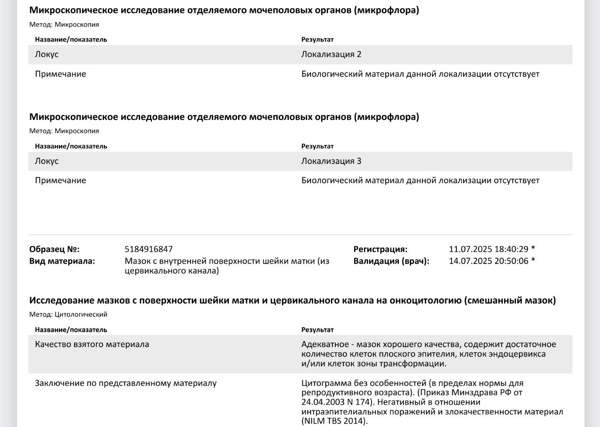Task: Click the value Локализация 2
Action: click(x=331, y=55)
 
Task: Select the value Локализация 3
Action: click(x=331, y=162)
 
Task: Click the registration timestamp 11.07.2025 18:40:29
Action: click(x=489, y=250)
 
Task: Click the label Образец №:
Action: click(x=54, y=250)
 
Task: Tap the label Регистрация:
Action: click(x=380, y=250)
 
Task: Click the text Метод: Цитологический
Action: click(x=68, y=315)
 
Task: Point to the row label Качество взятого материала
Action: click(x=92, y=344)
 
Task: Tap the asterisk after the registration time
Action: click(x=533, y=249)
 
